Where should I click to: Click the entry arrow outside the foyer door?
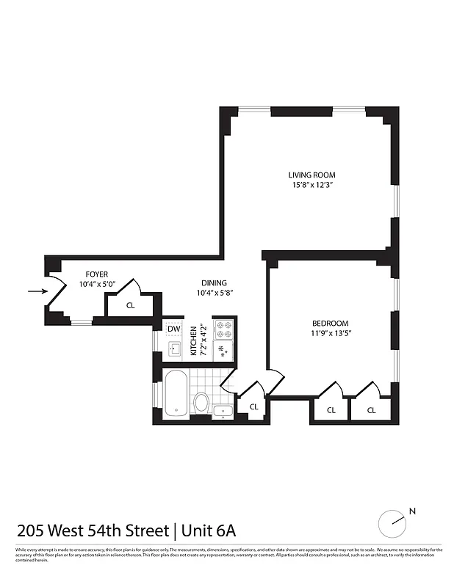click(35, 291)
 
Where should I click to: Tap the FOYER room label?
click(96, 274)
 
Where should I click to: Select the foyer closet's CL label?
click(130, 305)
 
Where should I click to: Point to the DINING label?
click(214, 282)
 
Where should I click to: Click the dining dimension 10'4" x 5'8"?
click(214, 293)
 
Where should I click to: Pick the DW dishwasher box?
click(173, 329)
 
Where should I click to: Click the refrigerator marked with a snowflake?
click(223, 351)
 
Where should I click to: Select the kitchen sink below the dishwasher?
click(174, 349)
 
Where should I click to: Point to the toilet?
click(202, 401)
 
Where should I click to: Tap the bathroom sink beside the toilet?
click(223, 411)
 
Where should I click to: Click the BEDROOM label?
click(330, 323)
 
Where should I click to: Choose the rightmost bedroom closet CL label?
click(371, 410)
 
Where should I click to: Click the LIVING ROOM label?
click(311, 175)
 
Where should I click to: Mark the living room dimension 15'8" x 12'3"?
click(311, 185)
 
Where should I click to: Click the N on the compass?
click(412, 511)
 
